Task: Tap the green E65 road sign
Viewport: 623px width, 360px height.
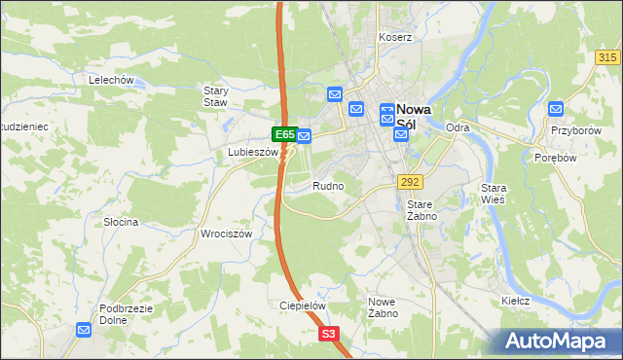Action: (x=283, y=134)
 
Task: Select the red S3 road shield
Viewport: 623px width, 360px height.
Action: (x=330, y=334)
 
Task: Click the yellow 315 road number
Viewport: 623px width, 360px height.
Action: (x=608, y=58)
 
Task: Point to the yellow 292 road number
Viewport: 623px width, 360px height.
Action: (x=409, y=181)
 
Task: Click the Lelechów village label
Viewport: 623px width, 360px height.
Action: (x=109, y=80)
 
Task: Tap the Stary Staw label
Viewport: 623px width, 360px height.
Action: (x=215, y=95)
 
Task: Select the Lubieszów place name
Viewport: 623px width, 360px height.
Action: (x=252, y=153)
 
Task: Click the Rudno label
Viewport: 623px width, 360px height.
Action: (x=328, y=185)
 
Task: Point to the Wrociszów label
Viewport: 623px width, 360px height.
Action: (x=226, y=234)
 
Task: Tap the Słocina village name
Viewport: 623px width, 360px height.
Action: (x=122, y=222)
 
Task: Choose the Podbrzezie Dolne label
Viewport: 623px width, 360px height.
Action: (x=127, y=314)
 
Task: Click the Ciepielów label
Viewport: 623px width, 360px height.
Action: (x=302, y=305)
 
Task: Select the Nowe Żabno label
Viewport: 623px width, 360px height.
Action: (x=382, y=307)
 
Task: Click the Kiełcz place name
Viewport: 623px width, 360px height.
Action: (x=515, y=301)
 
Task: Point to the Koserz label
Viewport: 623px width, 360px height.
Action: (x=397, y=37)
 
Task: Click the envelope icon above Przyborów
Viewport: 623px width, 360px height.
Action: (x=556, y=109)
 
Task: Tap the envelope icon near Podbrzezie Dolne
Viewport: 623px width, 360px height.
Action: (x=85, y=330)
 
